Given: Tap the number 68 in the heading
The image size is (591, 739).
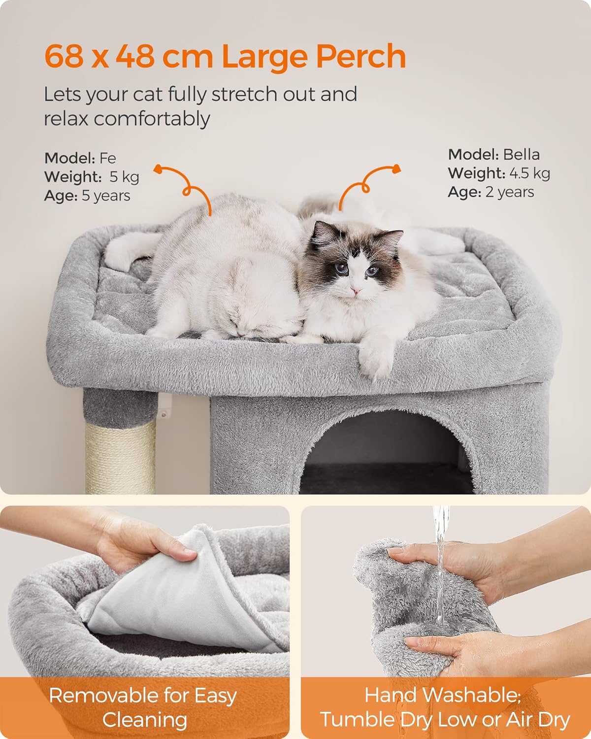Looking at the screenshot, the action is tap(64, 56).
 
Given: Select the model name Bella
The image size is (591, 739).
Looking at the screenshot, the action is tap(521, 155).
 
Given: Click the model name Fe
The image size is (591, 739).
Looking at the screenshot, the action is tap(107, 158).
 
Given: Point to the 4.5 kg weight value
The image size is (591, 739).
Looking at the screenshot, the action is tap(529, 173).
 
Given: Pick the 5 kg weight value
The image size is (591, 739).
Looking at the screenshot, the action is tap(124, 177).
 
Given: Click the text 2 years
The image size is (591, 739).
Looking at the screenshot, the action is tap(510, 192).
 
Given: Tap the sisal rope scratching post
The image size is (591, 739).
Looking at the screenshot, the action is tap(120, 457).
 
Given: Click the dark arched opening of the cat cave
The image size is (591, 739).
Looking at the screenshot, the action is tap(387, 453).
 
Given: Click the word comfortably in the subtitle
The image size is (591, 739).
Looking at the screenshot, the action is tap(152, 120).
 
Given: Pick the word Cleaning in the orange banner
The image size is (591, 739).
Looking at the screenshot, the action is tap(145, 720).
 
